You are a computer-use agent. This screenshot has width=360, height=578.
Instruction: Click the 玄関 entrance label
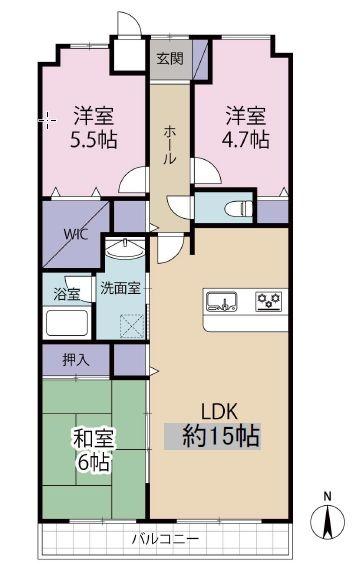[x=170, y=59]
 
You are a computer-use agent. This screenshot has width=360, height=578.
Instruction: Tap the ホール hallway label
[x=170, y=145]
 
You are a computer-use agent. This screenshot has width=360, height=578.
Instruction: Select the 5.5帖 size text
[x=94, y=140]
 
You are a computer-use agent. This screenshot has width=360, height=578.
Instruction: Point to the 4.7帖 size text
[x=245, y=140]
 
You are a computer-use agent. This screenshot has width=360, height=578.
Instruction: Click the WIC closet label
[x=76, y=234]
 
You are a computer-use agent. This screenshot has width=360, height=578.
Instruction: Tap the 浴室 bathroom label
[x=67, y=295]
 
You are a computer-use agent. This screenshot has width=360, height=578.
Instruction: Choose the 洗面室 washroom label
[x=120, y=288]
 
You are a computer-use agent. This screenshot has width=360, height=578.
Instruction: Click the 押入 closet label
[x=76, y=360]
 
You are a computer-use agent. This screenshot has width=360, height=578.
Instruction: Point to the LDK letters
[x=219, y=412]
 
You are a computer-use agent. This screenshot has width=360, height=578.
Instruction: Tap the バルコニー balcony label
[x=165, y=540]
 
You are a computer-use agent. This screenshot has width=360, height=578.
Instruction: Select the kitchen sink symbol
[x=221, y=301]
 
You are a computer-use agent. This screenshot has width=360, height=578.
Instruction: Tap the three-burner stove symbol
[x=269, y=300]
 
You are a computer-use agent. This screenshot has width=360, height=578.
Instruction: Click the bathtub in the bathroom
[x=67, y=323]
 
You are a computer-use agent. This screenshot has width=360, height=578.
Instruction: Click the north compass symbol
[x=327, y=522]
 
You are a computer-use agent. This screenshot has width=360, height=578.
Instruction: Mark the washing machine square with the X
[x=132, y=325]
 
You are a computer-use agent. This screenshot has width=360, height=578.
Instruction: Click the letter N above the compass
[x=327, y=497]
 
